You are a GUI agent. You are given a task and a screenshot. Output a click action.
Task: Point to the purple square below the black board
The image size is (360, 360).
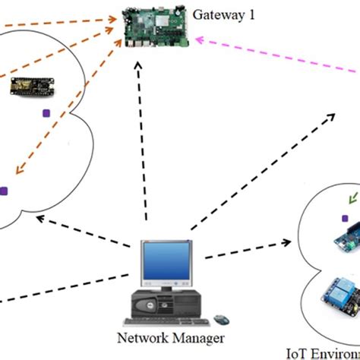(x=46, y=114)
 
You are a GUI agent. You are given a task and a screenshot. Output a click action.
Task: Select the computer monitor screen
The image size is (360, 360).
(x=163, y=263)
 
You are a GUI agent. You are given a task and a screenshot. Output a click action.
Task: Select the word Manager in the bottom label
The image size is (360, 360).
(x=185, y=338)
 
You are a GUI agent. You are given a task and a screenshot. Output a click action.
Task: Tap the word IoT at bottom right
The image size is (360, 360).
(x=296, y=352)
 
